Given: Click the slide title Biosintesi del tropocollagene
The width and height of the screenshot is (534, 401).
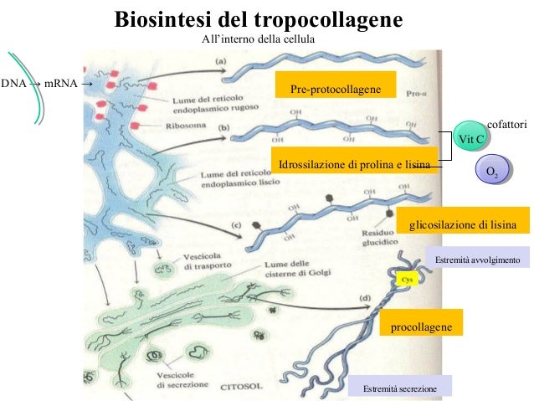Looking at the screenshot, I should point(258,18).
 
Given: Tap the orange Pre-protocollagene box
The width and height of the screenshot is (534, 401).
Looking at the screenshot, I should point(336,89).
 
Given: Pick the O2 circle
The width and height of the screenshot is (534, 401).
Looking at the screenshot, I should point(493,172).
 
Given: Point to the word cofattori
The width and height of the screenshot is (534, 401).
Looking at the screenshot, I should point(506,124).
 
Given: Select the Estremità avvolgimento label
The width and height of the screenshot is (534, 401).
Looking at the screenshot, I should point(477,260).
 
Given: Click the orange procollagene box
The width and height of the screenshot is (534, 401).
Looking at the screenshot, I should point(421,326).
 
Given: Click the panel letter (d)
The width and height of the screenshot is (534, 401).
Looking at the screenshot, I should point(366,298).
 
